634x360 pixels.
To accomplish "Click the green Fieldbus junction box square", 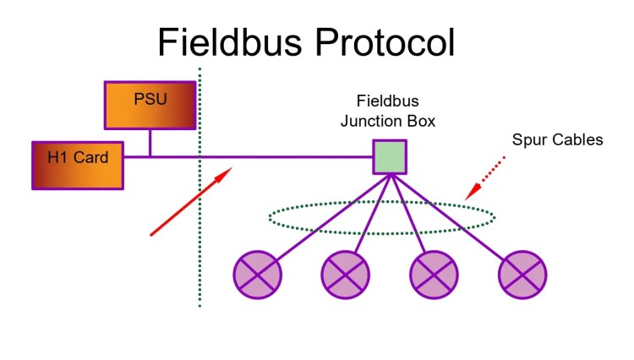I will pyautogui.click(x=391, y=157).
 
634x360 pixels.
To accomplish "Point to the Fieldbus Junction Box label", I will pyautogui.click(x=388, y=112).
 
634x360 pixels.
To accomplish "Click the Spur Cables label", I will pyautogui.click(x=558, y=140).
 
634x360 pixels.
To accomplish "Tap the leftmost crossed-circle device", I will pyautogui.click(x=257, y=275).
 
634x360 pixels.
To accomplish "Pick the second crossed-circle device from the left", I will pyautogui.click(x=346, y=275).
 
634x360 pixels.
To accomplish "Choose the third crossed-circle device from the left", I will pyautogui.click(x=435, y=275).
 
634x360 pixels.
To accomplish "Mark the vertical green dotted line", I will pyautogui.click(x=199, y=254).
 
